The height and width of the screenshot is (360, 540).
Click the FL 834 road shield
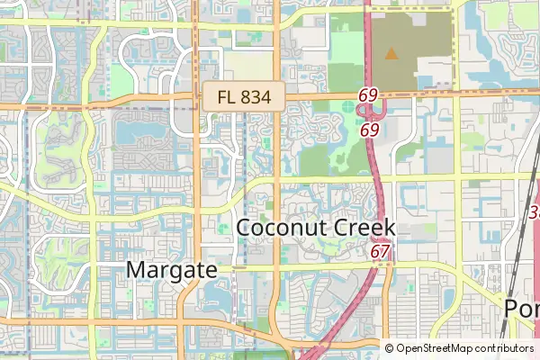pos(243,96)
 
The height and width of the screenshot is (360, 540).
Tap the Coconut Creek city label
pos(315,228)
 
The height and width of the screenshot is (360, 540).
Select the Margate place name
pos(172,269)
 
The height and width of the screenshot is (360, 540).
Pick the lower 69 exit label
pos(369,130)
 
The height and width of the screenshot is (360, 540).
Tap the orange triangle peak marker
pos(391,54)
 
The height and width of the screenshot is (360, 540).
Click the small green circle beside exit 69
pos(348,110)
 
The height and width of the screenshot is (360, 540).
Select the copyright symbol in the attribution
pos(389,348)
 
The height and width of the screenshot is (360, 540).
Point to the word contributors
pos(500,348)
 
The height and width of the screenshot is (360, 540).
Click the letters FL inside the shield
pos(225,96)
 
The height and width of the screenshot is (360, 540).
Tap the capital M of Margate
pos(136,269)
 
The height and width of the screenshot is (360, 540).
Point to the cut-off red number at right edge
pos(535,212)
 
